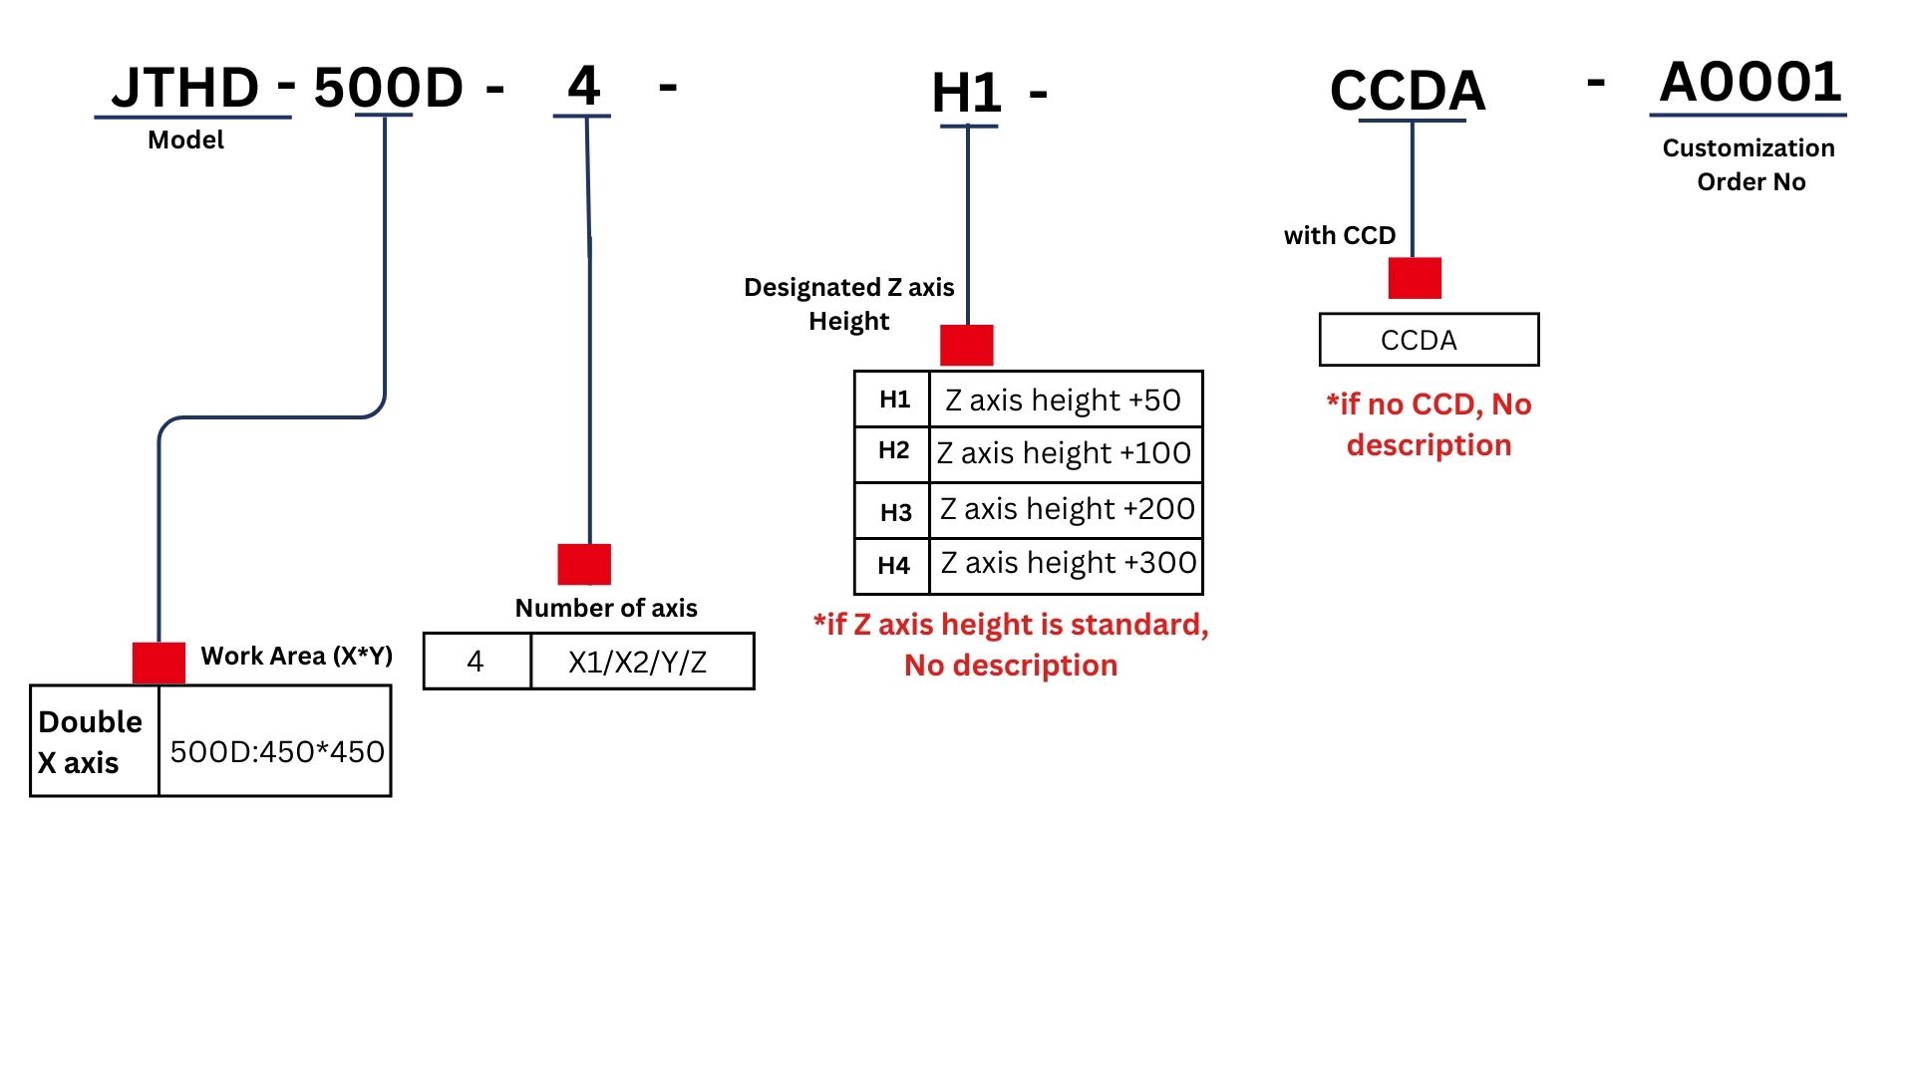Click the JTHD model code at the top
click(x=186, y=88)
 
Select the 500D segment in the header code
click(x=388, y=88)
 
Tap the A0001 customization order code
click(x=1751, y=82)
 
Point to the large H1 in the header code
click(x=966, y=94)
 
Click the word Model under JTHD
click(x=185, y=139)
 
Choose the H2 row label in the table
click(x=893, y=451)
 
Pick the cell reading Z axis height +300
click(x=1068, y=563)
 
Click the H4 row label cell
click(x=893, y=566)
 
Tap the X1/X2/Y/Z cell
click(x=638, y=662)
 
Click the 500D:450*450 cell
click(x=276, y=751)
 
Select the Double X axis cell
click(x=91, y=741)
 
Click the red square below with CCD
click(x=1415, y=278)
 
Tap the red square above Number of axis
click(x=584, y=565)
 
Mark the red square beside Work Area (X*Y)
click(x=159, y=663)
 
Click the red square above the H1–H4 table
click(x=966, y=345)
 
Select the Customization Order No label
click(x=1750, y=164)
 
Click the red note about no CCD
click(x=1429, y=424)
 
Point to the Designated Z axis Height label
click(x=849, y=304)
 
